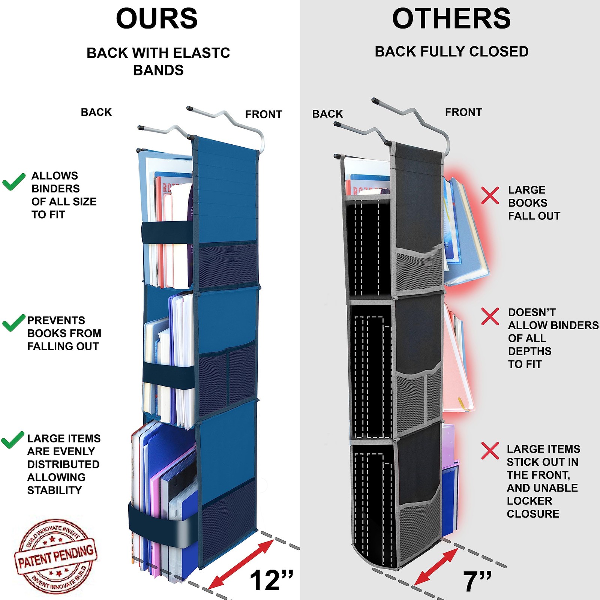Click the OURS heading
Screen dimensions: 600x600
coord(157,19)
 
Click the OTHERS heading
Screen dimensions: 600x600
coord(451,19)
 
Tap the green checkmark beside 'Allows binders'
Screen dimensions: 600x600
coord(14,181)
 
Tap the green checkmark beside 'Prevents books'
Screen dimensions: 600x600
coord(14,322)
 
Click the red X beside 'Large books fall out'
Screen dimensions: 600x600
coord(490,195)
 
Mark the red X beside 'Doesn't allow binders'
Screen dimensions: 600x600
coord(490,316)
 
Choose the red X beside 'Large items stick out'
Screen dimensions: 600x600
coord(490,451)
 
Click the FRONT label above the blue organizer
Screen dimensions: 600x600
coord(263,114)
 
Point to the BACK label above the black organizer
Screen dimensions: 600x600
coord(327,114)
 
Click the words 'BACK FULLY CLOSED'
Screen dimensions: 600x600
coord(451,52)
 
